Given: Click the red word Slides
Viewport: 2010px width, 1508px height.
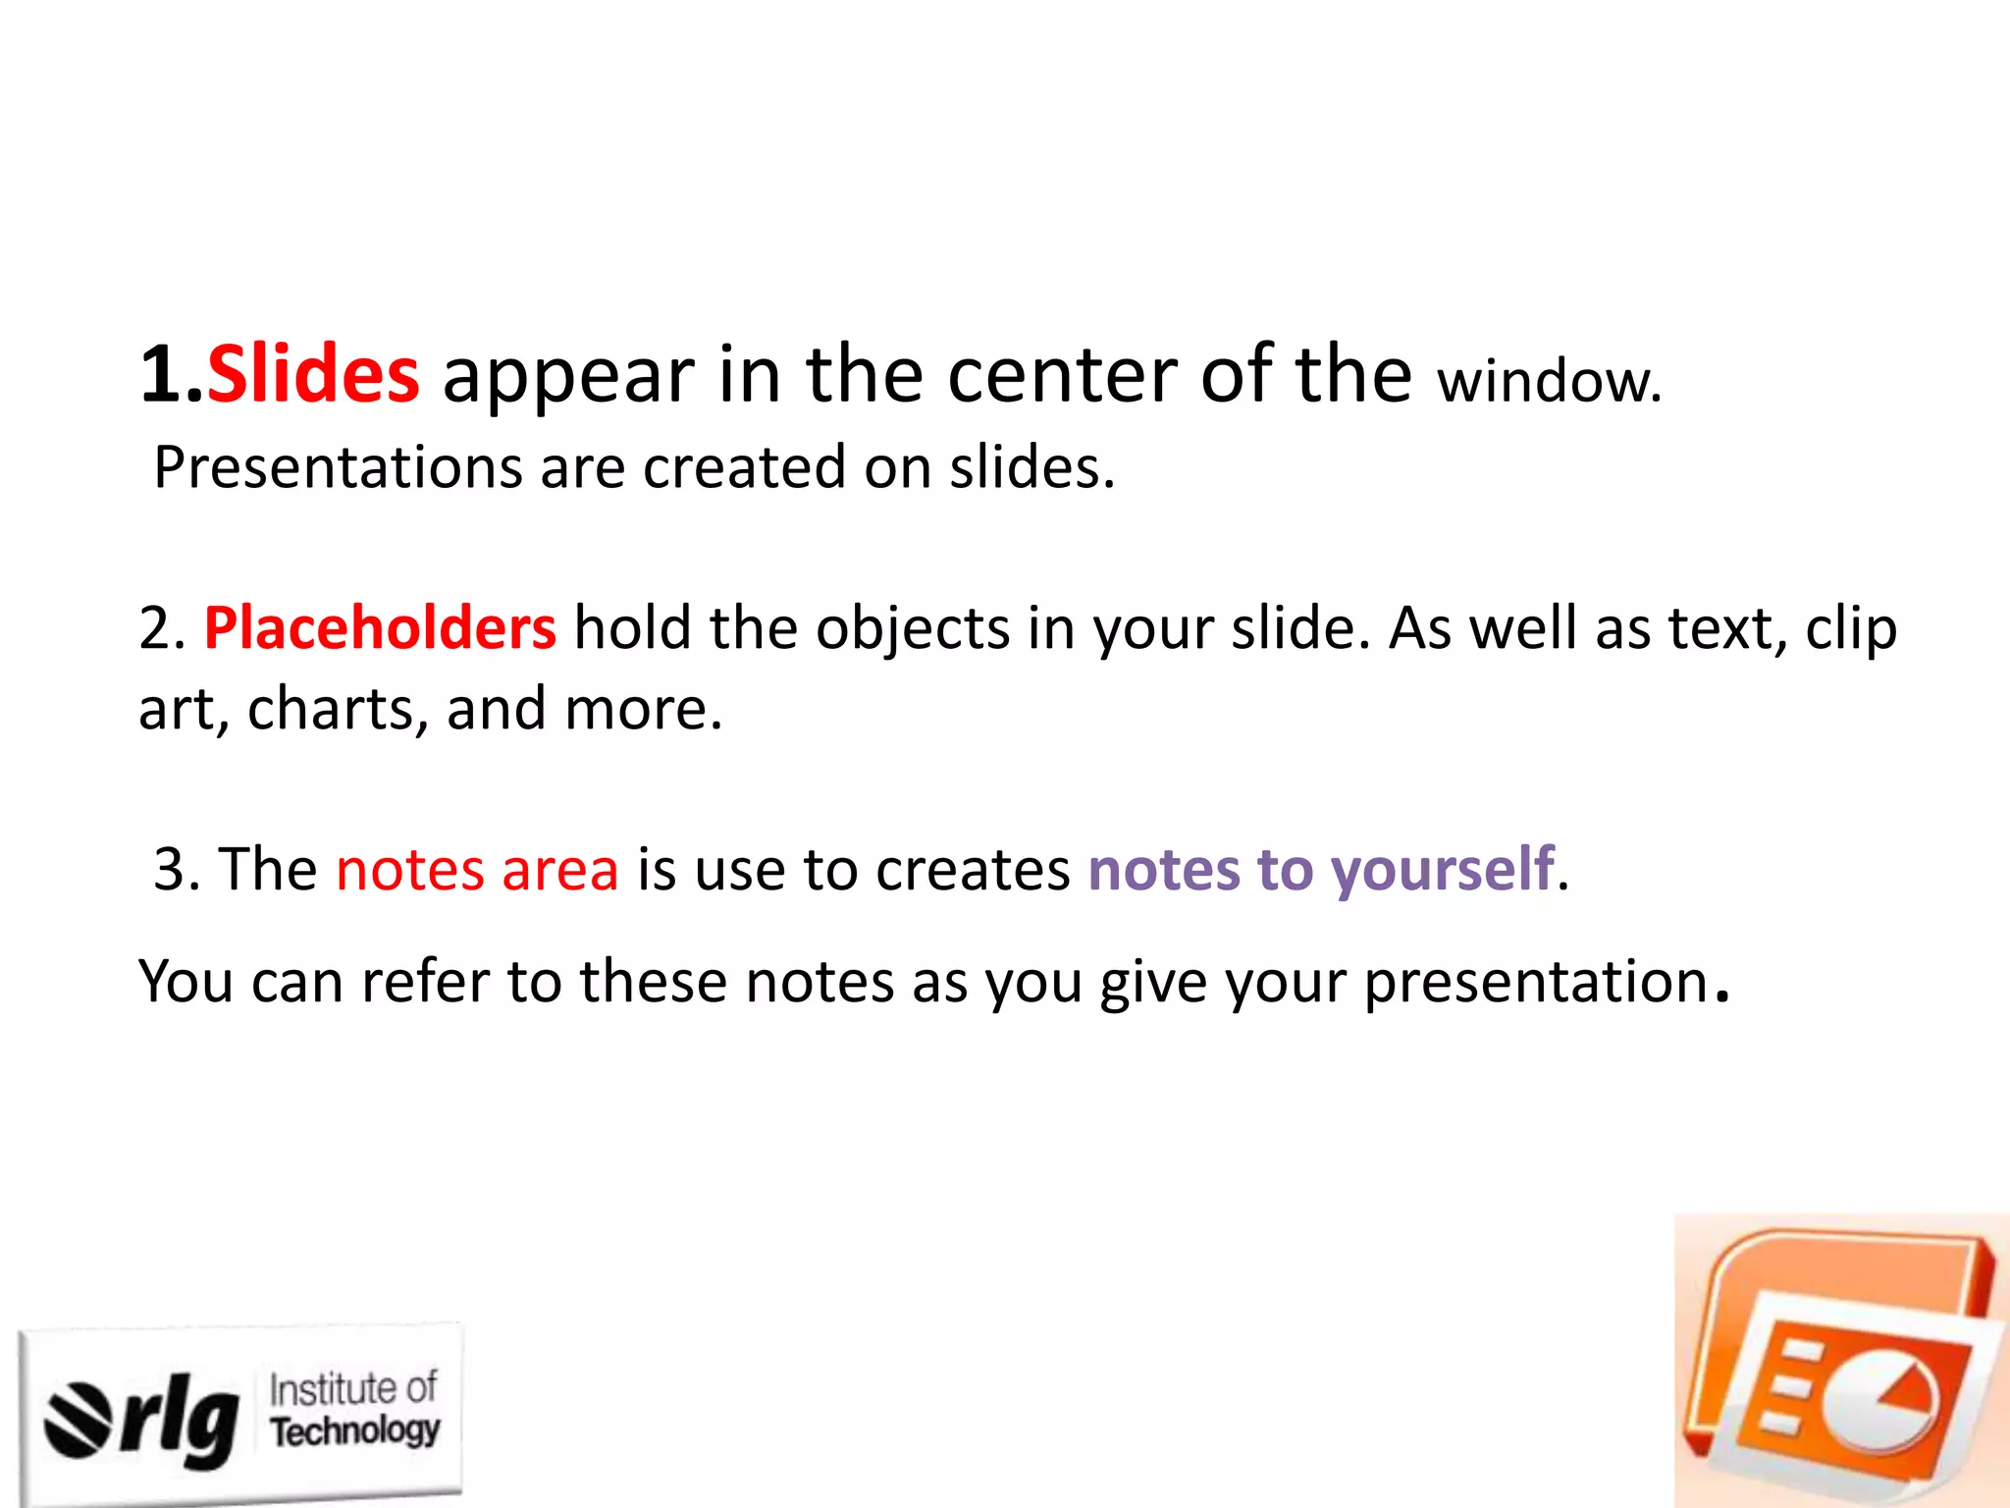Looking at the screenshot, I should point(313,375).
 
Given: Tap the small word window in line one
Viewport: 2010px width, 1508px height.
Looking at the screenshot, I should point(1548,383).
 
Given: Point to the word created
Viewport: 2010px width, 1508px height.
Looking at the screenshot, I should point(743,467).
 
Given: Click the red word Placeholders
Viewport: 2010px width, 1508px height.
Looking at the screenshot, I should point(380,628).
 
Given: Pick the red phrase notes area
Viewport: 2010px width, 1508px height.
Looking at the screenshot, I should point(477,870).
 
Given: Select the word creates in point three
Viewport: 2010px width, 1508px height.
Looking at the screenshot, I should point(972,870).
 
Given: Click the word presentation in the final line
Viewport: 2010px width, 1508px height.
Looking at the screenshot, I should point(1537,983).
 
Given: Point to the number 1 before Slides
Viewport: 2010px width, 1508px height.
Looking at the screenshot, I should point(160,375).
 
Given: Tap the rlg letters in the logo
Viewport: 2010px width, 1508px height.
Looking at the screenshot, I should point(180,1420).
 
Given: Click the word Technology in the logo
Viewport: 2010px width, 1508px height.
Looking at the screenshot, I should point(355,1430).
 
